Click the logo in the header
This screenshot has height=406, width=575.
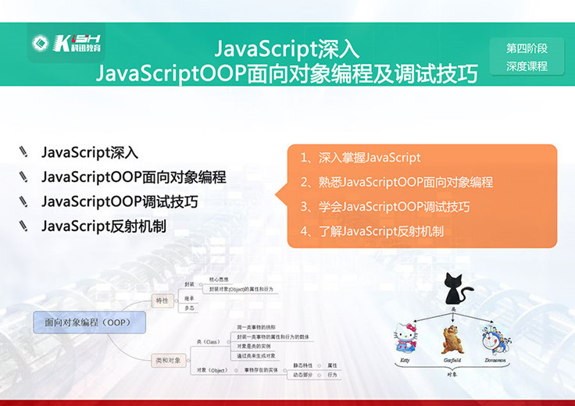click(66, 43)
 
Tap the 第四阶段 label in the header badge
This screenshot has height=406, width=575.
click(527, 48)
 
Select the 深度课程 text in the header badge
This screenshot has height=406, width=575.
click(527, 66)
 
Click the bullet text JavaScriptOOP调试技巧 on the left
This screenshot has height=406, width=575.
click(120, 201)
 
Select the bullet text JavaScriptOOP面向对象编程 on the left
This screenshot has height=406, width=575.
click(134, 177)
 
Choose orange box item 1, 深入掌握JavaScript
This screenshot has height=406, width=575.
click(361, 158)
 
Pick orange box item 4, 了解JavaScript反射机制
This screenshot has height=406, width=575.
click(372, 231)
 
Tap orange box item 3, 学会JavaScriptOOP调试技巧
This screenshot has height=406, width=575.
click(385, 207)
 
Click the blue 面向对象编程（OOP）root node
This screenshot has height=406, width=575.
click(87, 321)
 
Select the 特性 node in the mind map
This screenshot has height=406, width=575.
click(162, 300)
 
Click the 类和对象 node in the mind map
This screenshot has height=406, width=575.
click(168, 360)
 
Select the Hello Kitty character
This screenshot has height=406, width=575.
click(405, 340)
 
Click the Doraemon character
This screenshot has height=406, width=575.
click(498, 340)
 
